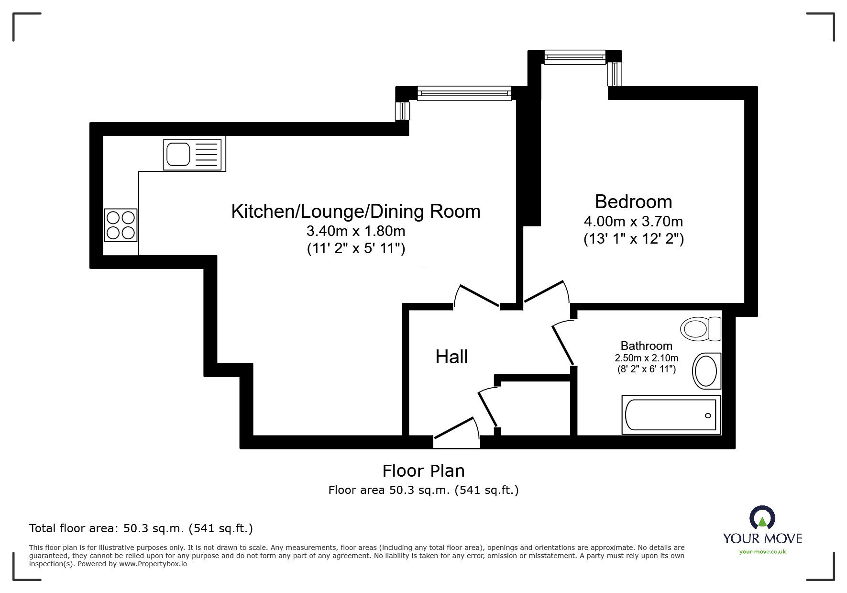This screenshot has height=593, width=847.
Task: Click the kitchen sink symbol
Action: point(193,155)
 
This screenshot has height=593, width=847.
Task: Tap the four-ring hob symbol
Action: point(121,225)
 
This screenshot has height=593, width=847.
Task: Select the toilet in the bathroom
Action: point(701,329)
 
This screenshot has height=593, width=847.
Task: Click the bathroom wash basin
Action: point(706,371)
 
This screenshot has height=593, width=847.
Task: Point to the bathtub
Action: point(671,415)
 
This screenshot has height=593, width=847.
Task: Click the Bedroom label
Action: point(633,202)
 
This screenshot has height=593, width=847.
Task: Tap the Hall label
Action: point(451,357)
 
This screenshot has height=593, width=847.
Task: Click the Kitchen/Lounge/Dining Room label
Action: point(355,211)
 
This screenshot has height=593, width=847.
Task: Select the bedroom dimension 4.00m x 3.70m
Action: point(633,222)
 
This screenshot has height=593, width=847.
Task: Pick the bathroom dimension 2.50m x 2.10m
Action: point(646,358)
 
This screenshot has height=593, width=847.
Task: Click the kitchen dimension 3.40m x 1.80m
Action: point(355,231)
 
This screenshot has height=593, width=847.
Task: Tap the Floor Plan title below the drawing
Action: point(423,471)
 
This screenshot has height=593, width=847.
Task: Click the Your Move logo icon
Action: point(762,518)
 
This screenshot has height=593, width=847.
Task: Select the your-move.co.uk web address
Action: point(762,552)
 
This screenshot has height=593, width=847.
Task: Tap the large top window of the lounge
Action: point(464,93)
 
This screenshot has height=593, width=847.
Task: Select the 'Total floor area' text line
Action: point(141,528)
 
